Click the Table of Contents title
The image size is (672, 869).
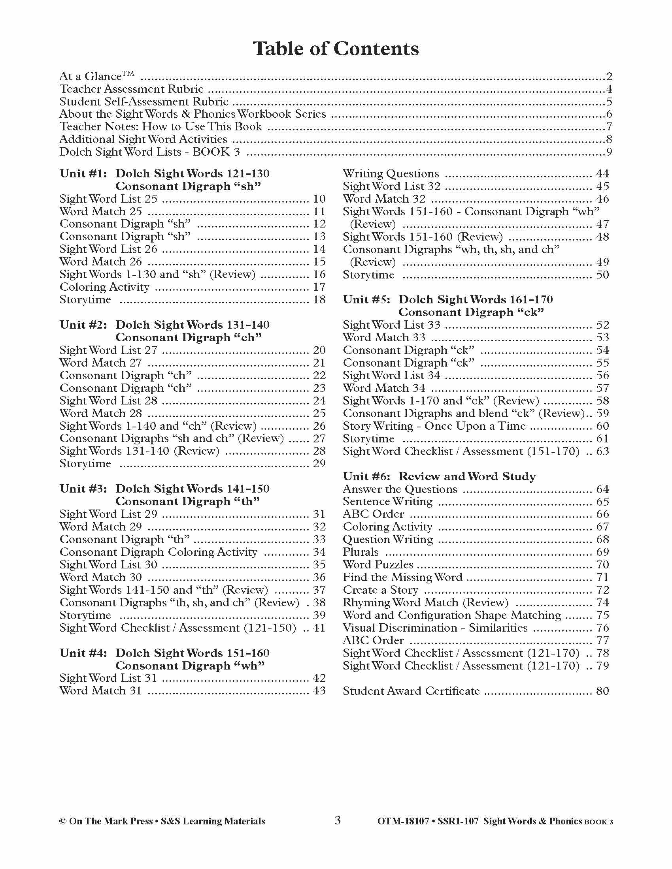[336, 49]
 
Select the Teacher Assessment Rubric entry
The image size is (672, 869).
[131, 89]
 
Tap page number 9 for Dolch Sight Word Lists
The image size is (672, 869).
[609, 152]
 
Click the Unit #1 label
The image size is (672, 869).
[83, 174]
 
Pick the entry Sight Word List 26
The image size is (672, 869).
[108, 250]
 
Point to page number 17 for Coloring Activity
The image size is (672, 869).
[319, 287]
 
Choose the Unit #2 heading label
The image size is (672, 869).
[83, 325]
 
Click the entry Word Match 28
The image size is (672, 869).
[101, 414]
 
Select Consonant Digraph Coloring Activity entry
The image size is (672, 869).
[159, 552]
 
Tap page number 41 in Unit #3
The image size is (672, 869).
[319, 628]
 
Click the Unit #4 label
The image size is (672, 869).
[83, 653]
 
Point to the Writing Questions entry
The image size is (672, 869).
[391, 174]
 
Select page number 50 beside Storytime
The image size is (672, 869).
[602, 275]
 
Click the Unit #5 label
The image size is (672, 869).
[367, 300]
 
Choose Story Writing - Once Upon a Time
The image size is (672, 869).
[434, 426]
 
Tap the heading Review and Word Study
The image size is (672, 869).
[467, 477]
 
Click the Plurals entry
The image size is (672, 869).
[361, 552]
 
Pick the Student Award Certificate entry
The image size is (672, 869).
[411, 691]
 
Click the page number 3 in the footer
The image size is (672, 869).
[338, 820]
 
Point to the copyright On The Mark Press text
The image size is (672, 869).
[162, 822]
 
